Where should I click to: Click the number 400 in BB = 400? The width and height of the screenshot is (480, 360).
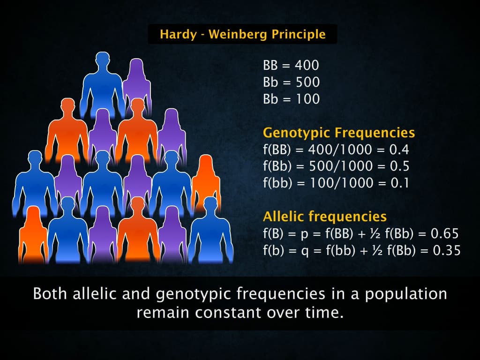click(307, 65)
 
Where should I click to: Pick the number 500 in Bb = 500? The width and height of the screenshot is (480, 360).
click(307, 82)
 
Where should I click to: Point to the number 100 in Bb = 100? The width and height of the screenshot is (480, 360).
click(307, 99)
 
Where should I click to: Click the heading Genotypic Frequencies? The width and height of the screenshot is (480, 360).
click(339, 133)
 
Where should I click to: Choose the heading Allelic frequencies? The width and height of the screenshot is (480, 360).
click(325, 217)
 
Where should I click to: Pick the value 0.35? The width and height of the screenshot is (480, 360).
click(447, 250)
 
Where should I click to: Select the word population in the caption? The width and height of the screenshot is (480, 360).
click(406, 295)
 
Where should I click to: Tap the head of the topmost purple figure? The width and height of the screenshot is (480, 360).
click(136, 67)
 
